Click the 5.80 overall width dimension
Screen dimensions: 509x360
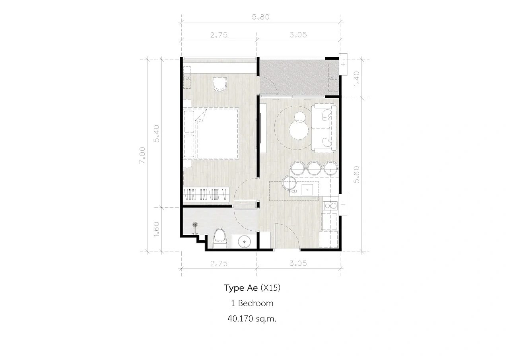point(260,17)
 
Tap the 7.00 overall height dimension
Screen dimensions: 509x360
point(142,155)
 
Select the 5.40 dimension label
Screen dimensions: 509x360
point(157,134)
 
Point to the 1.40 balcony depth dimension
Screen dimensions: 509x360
point(357,79)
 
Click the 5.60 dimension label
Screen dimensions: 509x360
point(357,175)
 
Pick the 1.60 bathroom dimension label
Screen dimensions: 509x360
point(157,229)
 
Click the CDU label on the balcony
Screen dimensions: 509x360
point(333,78)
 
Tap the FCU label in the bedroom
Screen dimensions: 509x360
point(187,78)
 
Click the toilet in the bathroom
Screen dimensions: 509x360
point(220,238)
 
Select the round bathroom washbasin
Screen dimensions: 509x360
point(244,241)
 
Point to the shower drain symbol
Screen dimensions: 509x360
point(195,225)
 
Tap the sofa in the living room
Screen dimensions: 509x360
point(324,128)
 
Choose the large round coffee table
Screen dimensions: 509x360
point(299,130)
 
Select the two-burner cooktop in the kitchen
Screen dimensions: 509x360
point(330,206)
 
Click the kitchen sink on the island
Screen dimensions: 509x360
point(307,189)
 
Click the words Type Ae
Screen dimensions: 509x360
point(241,288)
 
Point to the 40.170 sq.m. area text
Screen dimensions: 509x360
point(252,319)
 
